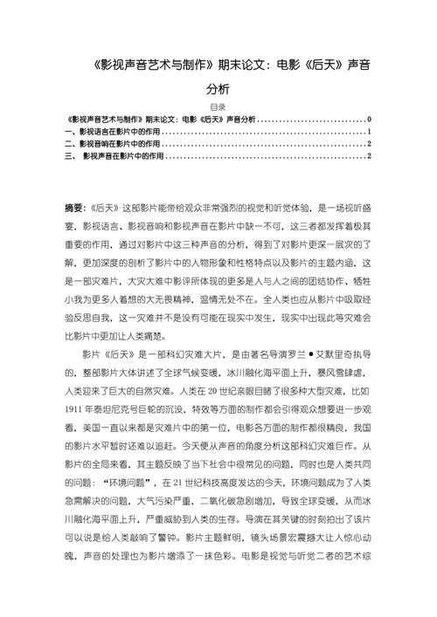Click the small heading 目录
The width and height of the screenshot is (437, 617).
tap(218, 107)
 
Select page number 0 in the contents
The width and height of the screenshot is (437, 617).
tap(371, 119)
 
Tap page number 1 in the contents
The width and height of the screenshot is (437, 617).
tap(371, 131)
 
